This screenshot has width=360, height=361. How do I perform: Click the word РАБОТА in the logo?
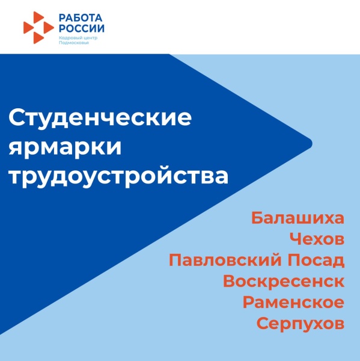click(x=81, y=17)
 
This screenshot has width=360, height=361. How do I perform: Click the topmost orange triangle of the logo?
click(x=38, y=17)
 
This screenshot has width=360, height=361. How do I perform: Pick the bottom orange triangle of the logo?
click(x=38, y=37)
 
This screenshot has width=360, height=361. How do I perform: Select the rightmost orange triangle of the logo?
click(x=49, y=28)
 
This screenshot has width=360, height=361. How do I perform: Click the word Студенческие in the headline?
click(x=100, y=118)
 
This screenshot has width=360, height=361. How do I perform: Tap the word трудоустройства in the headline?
click(x=118, y=177)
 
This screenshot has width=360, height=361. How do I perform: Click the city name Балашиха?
click(x=297, y=218)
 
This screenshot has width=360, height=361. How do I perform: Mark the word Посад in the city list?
click(x=319, y=261)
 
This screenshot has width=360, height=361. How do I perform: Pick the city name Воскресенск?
click(x=284, y=282)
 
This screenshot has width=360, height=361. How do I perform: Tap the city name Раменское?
click(x=293, y=303)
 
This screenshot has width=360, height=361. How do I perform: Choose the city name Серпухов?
click(x=301, y=324)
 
